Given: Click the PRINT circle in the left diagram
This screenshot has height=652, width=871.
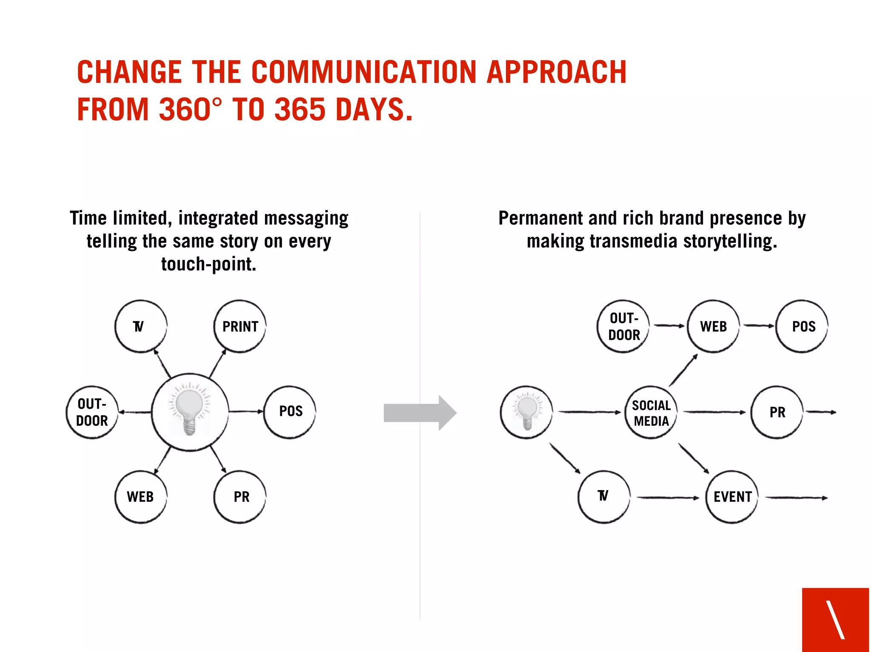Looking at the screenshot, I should pyautogui.click(x=240, y=326).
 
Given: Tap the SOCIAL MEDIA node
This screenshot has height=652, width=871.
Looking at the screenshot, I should pyautogui.click(x=651, y=413).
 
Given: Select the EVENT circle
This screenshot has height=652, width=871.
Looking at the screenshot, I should pyautogui.click(x=732, y=497).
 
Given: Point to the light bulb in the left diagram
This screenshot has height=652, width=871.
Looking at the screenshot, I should pyautogui.click(x=189, y=411).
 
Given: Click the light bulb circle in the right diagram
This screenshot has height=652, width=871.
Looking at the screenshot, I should pyautogui.click(x=527, y=412).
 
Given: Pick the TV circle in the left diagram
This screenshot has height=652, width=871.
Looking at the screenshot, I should pyautogui.click(x=141, y=326).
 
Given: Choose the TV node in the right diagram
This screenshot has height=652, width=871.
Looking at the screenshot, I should pyautogui.click(x=603, y=497).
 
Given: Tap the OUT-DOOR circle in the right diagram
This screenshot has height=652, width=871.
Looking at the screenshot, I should pyautogui.click(x=623, y=326).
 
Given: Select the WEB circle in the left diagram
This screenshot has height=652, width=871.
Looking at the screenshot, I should pyautogui.click(x=141, y=497).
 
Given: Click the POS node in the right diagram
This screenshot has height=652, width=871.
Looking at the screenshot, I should pyautogui.click(x=802, y=326).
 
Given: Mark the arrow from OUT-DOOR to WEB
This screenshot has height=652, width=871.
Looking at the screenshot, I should pyautogui.click(x=669, y=326).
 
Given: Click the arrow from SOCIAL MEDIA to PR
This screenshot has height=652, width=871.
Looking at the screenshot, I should pyautogui.click(x=714, y=412).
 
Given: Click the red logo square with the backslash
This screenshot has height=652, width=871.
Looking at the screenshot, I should pyautogui.click(x=835, y=619).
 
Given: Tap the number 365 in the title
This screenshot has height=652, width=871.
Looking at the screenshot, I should pyautogui.click(x=300, y=109).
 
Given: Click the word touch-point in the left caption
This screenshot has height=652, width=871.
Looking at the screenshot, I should pyautogui.click(x=208, y=264).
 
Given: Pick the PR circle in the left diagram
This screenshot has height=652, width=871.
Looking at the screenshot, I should pyautogui.click(x=240, y=497).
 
